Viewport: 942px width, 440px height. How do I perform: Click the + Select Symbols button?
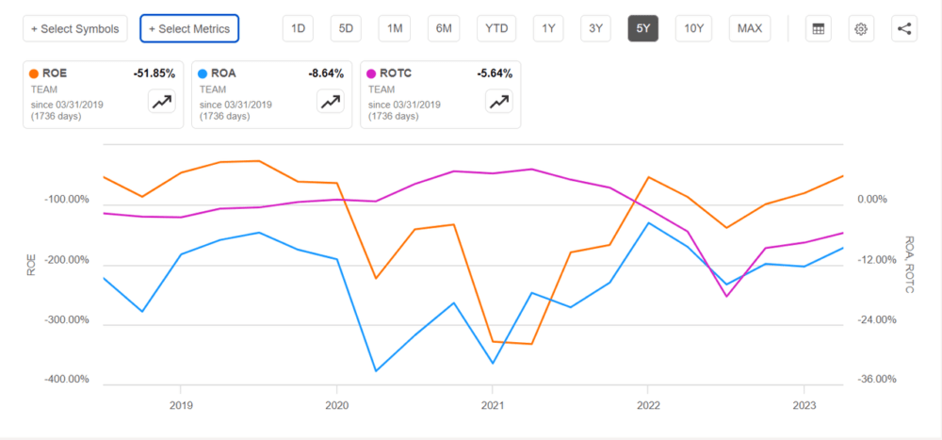coord(75,28)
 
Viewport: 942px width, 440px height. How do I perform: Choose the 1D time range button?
coord(298,28)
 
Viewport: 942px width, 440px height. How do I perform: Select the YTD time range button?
coord(496,28)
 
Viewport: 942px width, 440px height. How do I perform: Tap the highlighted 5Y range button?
coord(642,28)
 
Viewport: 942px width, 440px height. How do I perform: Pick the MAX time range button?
coord(750,28)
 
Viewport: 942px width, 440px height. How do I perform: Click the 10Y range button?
coord(693,28)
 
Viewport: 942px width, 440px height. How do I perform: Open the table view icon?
coord(819,28)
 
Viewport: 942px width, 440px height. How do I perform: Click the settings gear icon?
coord(861,28)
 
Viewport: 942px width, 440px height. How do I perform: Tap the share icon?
coord(904,28)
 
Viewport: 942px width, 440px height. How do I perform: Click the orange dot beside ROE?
coord(34,73)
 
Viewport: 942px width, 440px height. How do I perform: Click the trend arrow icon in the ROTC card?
coord(498,102)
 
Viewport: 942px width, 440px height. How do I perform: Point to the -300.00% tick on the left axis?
coord(65,319)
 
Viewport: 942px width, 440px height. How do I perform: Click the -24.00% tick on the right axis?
coord(877,319)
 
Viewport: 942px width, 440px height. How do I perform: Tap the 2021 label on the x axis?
coord(492,406)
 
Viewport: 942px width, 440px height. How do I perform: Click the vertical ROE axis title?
coord(31,265)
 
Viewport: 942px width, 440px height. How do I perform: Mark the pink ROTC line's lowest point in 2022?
coord(726,296)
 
